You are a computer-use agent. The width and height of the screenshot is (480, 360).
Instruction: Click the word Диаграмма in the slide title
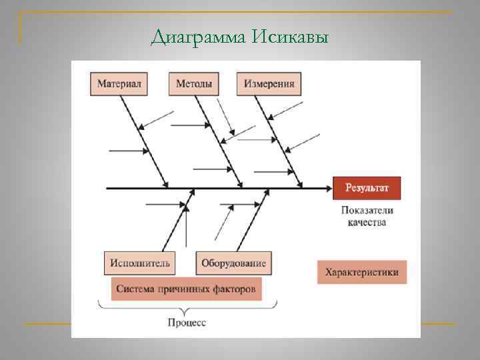(199, 36)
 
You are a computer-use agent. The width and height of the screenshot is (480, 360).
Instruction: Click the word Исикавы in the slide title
(291, 36)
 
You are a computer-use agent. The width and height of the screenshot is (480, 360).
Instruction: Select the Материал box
(119, 84)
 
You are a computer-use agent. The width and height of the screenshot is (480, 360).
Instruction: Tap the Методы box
(194, 84)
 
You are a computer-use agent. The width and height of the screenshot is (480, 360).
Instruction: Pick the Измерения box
(269, 84)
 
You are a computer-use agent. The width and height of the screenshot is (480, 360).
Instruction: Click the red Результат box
(366, 188)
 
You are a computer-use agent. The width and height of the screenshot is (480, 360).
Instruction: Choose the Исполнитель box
(141, 263)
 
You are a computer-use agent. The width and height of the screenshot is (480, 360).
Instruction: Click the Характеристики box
(361, 272)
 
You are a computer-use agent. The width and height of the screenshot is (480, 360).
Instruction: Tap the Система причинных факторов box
(185, 290)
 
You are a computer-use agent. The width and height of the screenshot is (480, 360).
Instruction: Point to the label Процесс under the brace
(187, 323)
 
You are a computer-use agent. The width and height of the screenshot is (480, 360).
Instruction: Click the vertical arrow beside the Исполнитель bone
(186, 227)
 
